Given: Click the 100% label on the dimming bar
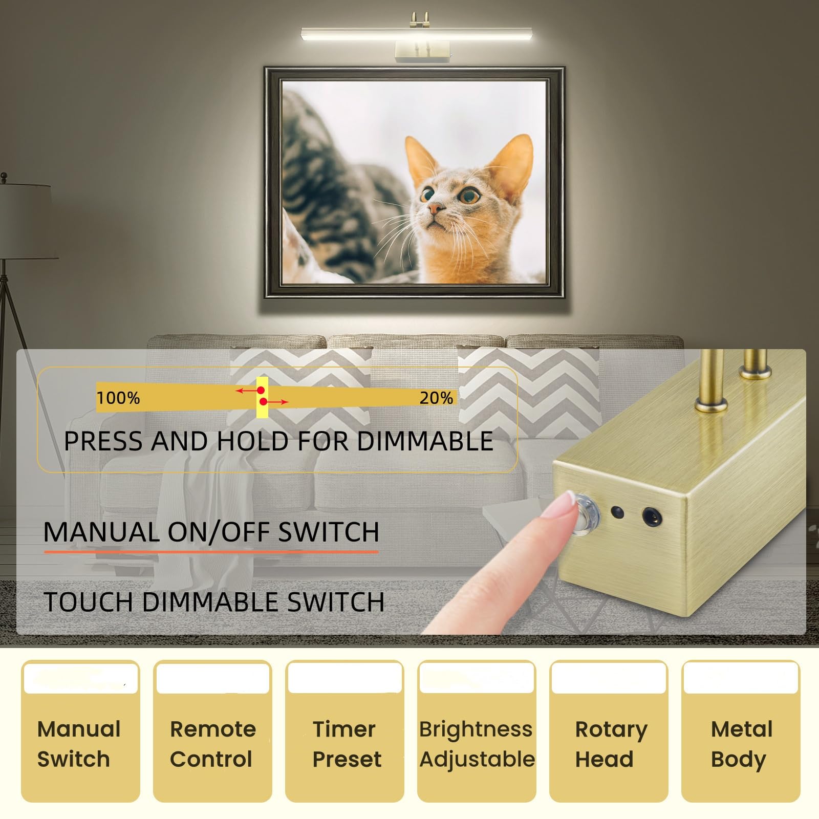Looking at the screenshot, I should (x=118, y=398).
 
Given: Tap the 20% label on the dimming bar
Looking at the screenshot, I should (x=436, y=398).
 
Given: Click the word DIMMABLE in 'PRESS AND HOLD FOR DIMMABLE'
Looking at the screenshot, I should (x=425, y=441).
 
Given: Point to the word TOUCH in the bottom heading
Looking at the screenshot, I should (x=88, y=601).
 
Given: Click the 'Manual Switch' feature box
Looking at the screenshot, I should (x=80, y=732).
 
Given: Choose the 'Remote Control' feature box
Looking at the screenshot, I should (x=212, y=732).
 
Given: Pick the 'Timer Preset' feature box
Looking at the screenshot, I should (x=344, y=732).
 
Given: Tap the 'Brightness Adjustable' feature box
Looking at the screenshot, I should (x=477, y=732).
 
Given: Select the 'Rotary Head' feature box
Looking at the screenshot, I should (x=609, y=732).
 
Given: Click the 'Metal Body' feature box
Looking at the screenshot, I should (x=741, y=732).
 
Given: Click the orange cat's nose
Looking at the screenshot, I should (x=436, y=208).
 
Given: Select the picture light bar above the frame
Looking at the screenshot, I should (x=416, y=34).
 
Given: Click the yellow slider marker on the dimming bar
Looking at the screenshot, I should (x=262, y=397).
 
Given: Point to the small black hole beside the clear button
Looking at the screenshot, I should (x=617, y=511).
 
